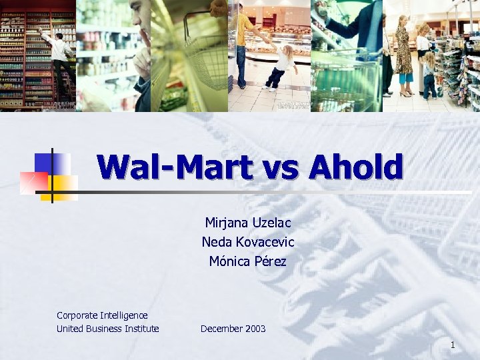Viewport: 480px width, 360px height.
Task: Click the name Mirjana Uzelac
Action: (248, 223)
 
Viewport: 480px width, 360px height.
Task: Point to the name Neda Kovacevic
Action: (248, 242)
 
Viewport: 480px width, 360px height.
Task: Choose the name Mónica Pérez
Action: (248, 261)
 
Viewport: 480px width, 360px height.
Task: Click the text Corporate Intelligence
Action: (102, 315)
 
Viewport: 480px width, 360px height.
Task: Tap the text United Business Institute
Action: (108, 329)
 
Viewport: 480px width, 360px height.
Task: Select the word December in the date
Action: (222, 329)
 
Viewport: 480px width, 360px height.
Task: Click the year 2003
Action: (255, 329)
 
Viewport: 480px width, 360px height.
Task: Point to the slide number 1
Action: (453, 345)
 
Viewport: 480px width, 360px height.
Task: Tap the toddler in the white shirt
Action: (281, 67)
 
